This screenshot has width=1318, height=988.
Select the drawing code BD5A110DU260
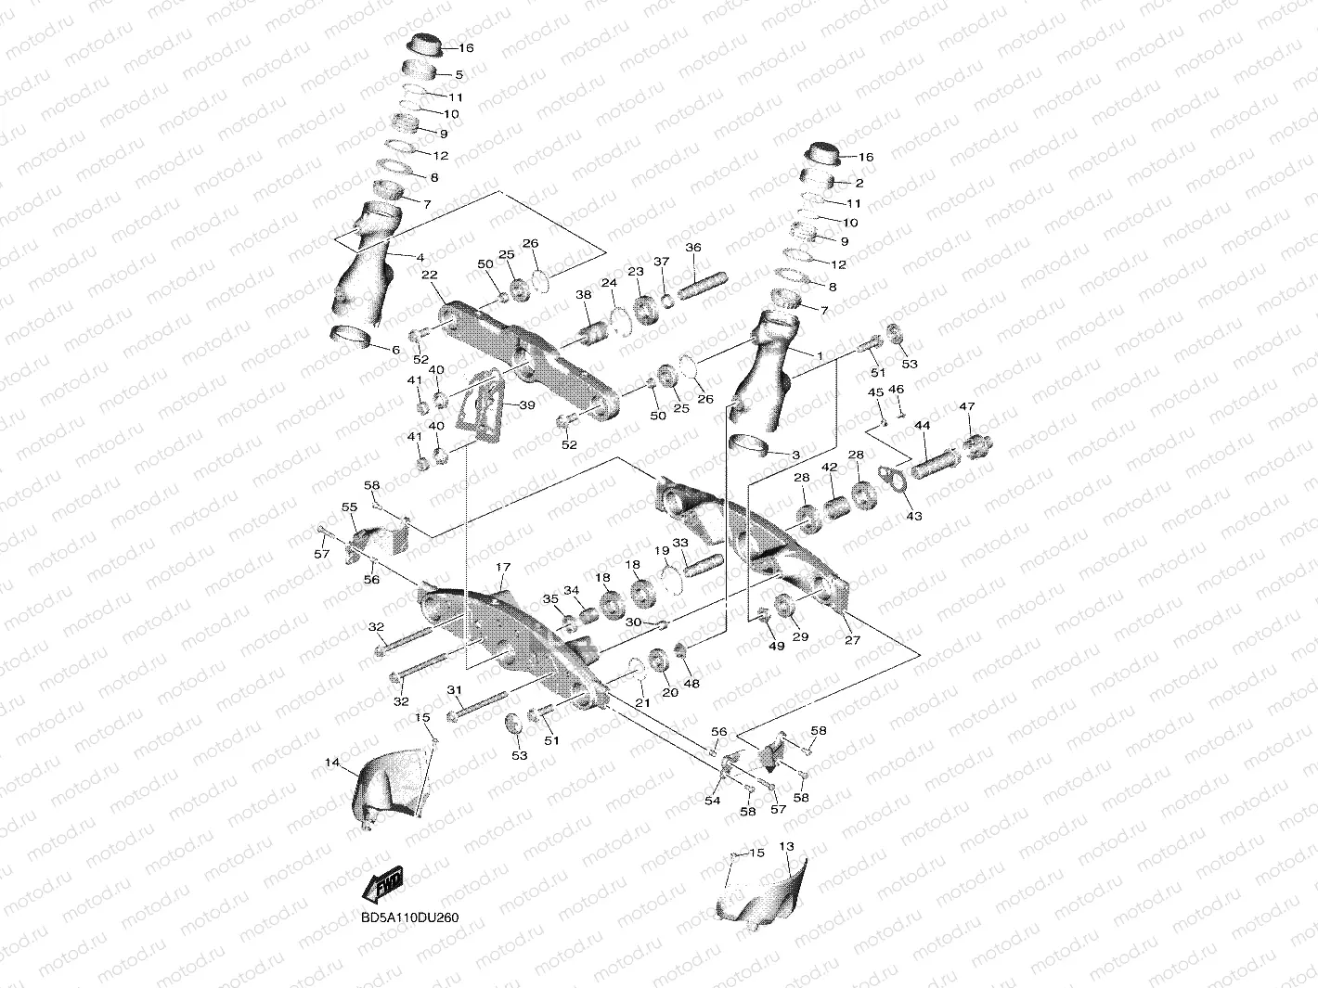409,917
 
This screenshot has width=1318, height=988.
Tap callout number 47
967,406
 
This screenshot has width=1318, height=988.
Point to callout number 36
693,248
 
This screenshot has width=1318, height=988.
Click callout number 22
430,275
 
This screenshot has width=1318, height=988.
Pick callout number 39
526,405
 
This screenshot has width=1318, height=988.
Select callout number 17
503,567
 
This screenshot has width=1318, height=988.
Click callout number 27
853,639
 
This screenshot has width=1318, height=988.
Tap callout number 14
331,763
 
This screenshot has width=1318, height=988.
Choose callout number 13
787,846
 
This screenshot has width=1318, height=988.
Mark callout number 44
922,425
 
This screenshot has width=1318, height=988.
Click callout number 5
459,74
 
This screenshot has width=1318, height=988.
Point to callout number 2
859,183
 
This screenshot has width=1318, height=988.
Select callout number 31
454,689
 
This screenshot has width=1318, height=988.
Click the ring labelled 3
751,445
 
